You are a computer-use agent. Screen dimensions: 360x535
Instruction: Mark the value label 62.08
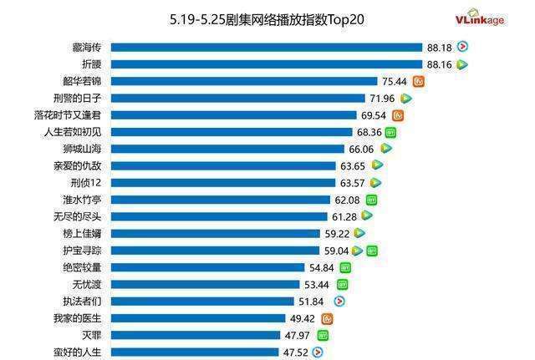click(x=348, y=200)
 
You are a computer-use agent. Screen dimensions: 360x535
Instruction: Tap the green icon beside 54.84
click(x=345, y=267)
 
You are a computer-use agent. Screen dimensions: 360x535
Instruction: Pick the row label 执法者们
click(x=84, y=302)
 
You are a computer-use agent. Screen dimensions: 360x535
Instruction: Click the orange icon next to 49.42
click(x=328, y=318)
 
